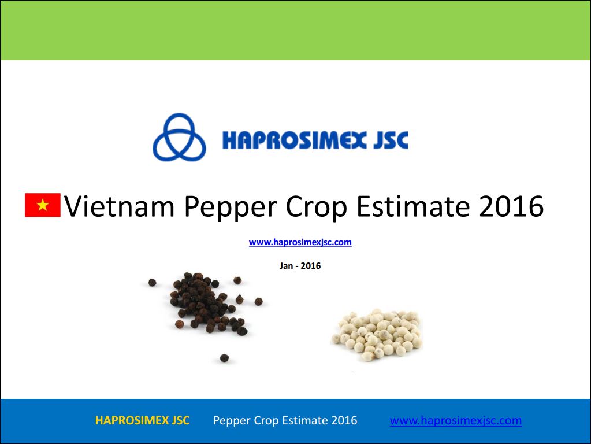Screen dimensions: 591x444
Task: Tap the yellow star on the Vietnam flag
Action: pyautogui.click(x=43, y=205)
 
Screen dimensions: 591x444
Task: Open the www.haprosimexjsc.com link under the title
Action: pyautogui.click(x=300, y=242)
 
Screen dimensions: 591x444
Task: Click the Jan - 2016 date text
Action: pyautogui.click(x=300, y=266)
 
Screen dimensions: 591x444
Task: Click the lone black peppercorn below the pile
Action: pyautogui.click(x=224, y=358)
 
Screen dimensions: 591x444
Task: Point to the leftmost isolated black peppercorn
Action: pyautogui.click(x=153, y=282)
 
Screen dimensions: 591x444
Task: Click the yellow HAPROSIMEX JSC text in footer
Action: pyautogui.click(x=143, y=420)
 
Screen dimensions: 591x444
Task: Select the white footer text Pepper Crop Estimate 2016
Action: pyautogui.click(x=285, y=420)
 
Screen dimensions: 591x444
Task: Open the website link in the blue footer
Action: pyautogui.click(x=456, y=421)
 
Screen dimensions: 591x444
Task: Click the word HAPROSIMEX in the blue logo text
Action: pyautogui.click(x=295, y=139)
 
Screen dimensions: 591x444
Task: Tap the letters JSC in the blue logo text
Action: pyautogui.click(x=391, y=139)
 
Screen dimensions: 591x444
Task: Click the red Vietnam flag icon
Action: pyautogui.click(x=43, y=205)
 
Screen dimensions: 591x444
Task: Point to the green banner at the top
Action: pyautogui.click(x=296, y=30)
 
